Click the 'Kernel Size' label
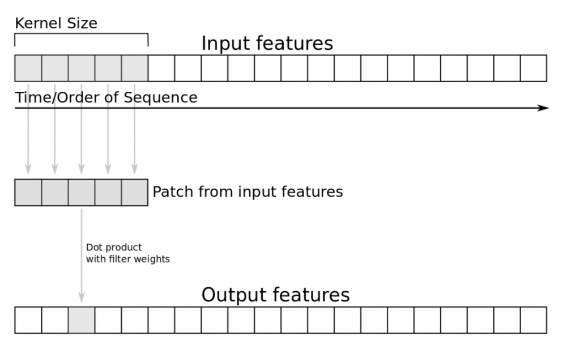[56, 23]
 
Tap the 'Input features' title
[267, 44]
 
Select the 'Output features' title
[275, 295]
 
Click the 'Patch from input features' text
[248, 192]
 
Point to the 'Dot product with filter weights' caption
[127, 253]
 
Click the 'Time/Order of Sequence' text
[106, 97]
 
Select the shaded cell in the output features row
[82, 320]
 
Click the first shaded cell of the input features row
[28, 69]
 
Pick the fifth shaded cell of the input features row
[135, 69]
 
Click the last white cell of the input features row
[534, 69]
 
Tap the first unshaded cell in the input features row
[161, 69]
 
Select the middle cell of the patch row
[82, 192]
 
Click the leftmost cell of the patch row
[28, 192]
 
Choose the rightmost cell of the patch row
[135, 192]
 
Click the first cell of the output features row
[28, 320]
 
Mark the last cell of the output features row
[534, 320]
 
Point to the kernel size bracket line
[82, 34]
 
